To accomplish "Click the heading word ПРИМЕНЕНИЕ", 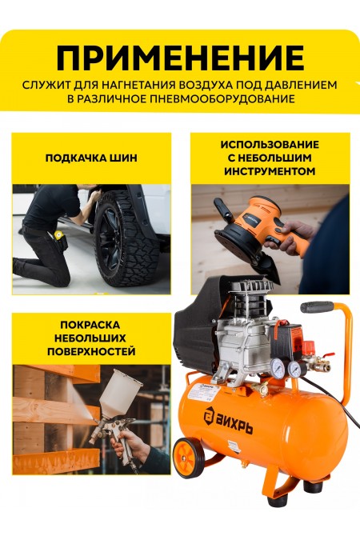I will click(x=180, y=58).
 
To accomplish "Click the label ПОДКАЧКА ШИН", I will click(x=91, y=158).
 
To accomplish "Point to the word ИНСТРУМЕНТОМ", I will click(x=270, y=170).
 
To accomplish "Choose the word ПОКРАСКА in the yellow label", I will click(x=91, y=325).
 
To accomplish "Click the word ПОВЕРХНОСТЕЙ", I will click(x=91, y=350).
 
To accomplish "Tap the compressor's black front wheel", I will click(x=190, y=456).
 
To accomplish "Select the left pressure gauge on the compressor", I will click(x=278, y=368).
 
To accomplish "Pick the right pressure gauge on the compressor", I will click(x=294, y=369).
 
